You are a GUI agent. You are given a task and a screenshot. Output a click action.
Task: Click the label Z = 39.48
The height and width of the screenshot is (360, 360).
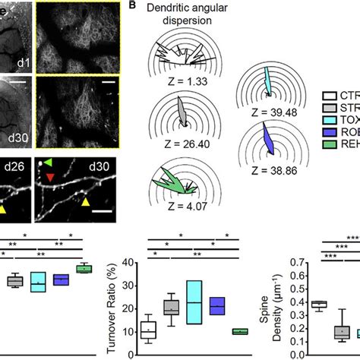pyautogui.click(x=271, y=112)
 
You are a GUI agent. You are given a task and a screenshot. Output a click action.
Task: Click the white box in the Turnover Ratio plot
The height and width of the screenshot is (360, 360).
pyautogui.click(x=148, y=330)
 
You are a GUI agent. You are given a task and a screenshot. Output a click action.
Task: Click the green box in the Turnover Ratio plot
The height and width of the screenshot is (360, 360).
pyautogui.click(x=239, y=331)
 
